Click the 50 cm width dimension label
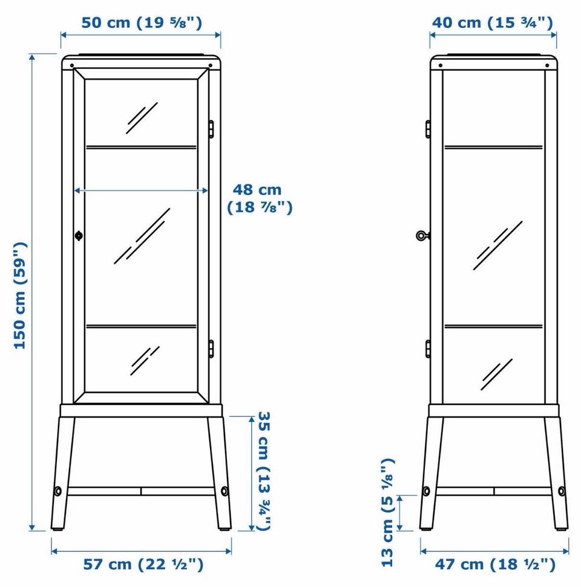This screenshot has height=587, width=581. [142, 22]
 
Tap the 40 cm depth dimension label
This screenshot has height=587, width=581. [493, 22]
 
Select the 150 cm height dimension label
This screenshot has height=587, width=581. [20, 296]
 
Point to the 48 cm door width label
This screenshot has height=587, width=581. [260, 198]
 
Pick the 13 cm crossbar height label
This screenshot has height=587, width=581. [387, 513]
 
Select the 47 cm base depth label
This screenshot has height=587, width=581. [495, 564]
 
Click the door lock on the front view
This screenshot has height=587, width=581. [79, 236]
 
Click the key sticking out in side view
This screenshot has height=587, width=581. [422, 236]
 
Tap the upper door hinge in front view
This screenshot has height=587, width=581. [211, 129]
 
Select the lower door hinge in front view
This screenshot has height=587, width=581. [211, 349]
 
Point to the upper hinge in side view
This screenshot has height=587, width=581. [428, 129]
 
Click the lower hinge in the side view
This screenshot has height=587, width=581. [428, 349]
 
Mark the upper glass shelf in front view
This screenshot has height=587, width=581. [141, 147]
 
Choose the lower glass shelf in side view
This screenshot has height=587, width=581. [494, 327]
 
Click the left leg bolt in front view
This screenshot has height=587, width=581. [57, 491]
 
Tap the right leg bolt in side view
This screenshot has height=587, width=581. [562, 491]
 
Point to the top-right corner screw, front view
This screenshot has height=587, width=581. [210, 65]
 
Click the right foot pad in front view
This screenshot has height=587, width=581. [224, 530]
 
